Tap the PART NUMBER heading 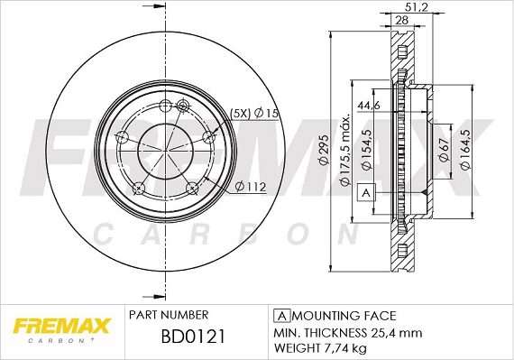(x=170, y=315)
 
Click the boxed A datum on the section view (x=366, y=192)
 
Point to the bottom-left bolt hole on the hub (x=139, y=188)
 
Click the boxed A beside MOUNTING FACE (x=280, y=315)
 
